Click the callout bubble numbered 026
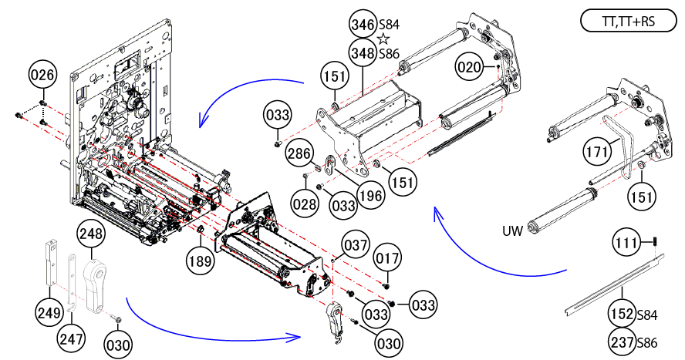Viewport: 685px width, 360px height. click(x=43, y=75)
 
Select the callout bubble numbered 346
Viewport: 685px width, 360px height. click(x=363, y=25)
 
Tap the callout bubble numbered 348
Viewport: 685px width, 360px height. click(x=363, y=53)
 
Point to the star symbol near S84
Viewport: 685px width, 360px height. click(x=383, y=39)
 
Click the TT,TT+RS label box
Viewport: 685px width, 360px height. click(x=628, y=22)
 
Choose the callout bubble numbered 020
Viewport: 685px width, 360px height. click(x=470, y=67)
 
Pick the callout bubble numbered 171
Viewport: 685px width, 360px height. click(x=597, y=152)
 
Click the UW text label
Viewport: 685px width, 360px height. click(x=512, y=230)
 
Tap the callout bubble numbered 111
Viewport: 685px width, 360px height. click(x=627, y=242)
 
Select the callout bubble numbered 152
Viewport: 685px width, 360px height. click(x=622, y=314)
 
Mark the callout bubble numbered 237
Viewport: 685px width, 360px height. click(x=622, y=342)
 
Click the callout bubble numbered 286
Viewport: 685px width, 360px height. click(x=300, y=154)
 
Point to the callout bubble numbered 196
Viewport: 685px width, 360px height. click(x=371, y=196)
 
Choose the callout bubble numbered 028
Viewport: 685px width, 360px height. click(x=305, y=204)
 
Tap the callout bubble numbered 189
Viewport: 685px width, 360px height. click(x=200, y=261)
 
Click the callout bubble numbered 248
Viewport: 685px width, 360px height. click(x=91, y=234)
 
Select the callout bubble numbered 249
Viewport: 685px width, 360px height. click(x=49, y=313)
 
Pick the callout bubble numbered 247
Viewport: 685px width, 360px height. click(x=71, y=338)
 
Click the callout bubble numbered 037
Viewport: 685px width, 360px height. click(x=356, y=245)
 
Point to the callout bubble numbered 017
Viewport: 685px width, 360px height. click(x=388, y=258)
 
